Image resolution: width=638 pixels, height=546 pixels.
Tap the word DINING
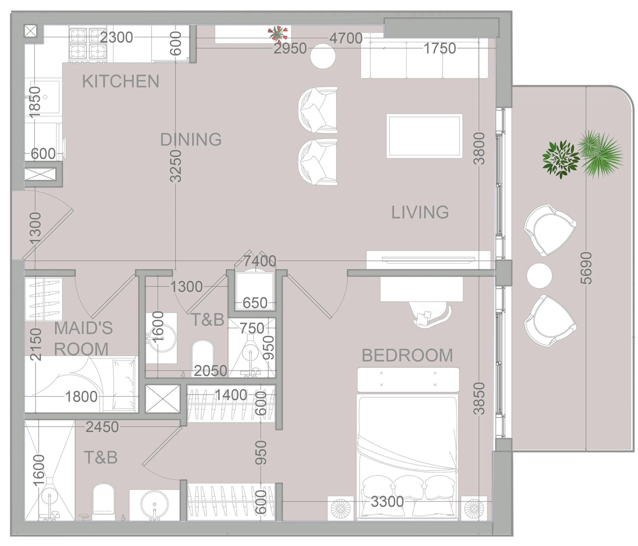tap(191, 140)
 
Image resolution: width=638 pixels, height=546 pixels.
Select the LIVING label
tap(420, 212)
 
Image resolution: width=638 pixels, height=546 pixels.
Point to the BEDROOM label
tap(407, 356)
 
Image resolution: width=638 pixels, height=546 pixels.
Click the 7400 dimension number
tap(260, 261)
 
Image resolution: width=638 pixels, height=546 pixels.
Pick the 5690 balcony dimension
tap(586, 268)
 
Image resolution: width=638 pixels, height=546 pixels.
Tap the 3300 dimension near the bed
tap(387, 502)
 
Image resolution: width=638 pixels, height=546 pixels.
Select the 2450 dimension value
tap(102, 427)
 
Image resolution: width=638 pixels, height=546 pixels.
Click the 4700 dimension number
tap(346, 38)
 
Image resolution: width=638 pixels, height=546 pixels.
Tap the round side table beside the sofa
tap(323, 56)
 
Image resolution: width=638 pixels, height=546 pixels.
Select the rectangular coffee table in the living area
tap(424, 136)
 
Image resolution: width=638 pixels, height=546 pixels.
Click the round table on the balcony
tap(539, 276)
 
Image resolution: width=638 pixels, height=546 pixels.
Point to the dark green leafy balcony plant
tap(561, 159)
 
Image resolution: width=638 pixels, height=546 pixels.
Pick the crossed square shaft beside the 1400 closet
tap(163, 399)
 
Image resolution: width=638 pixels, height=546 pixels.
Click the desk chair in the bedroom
tap(431, 314)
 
